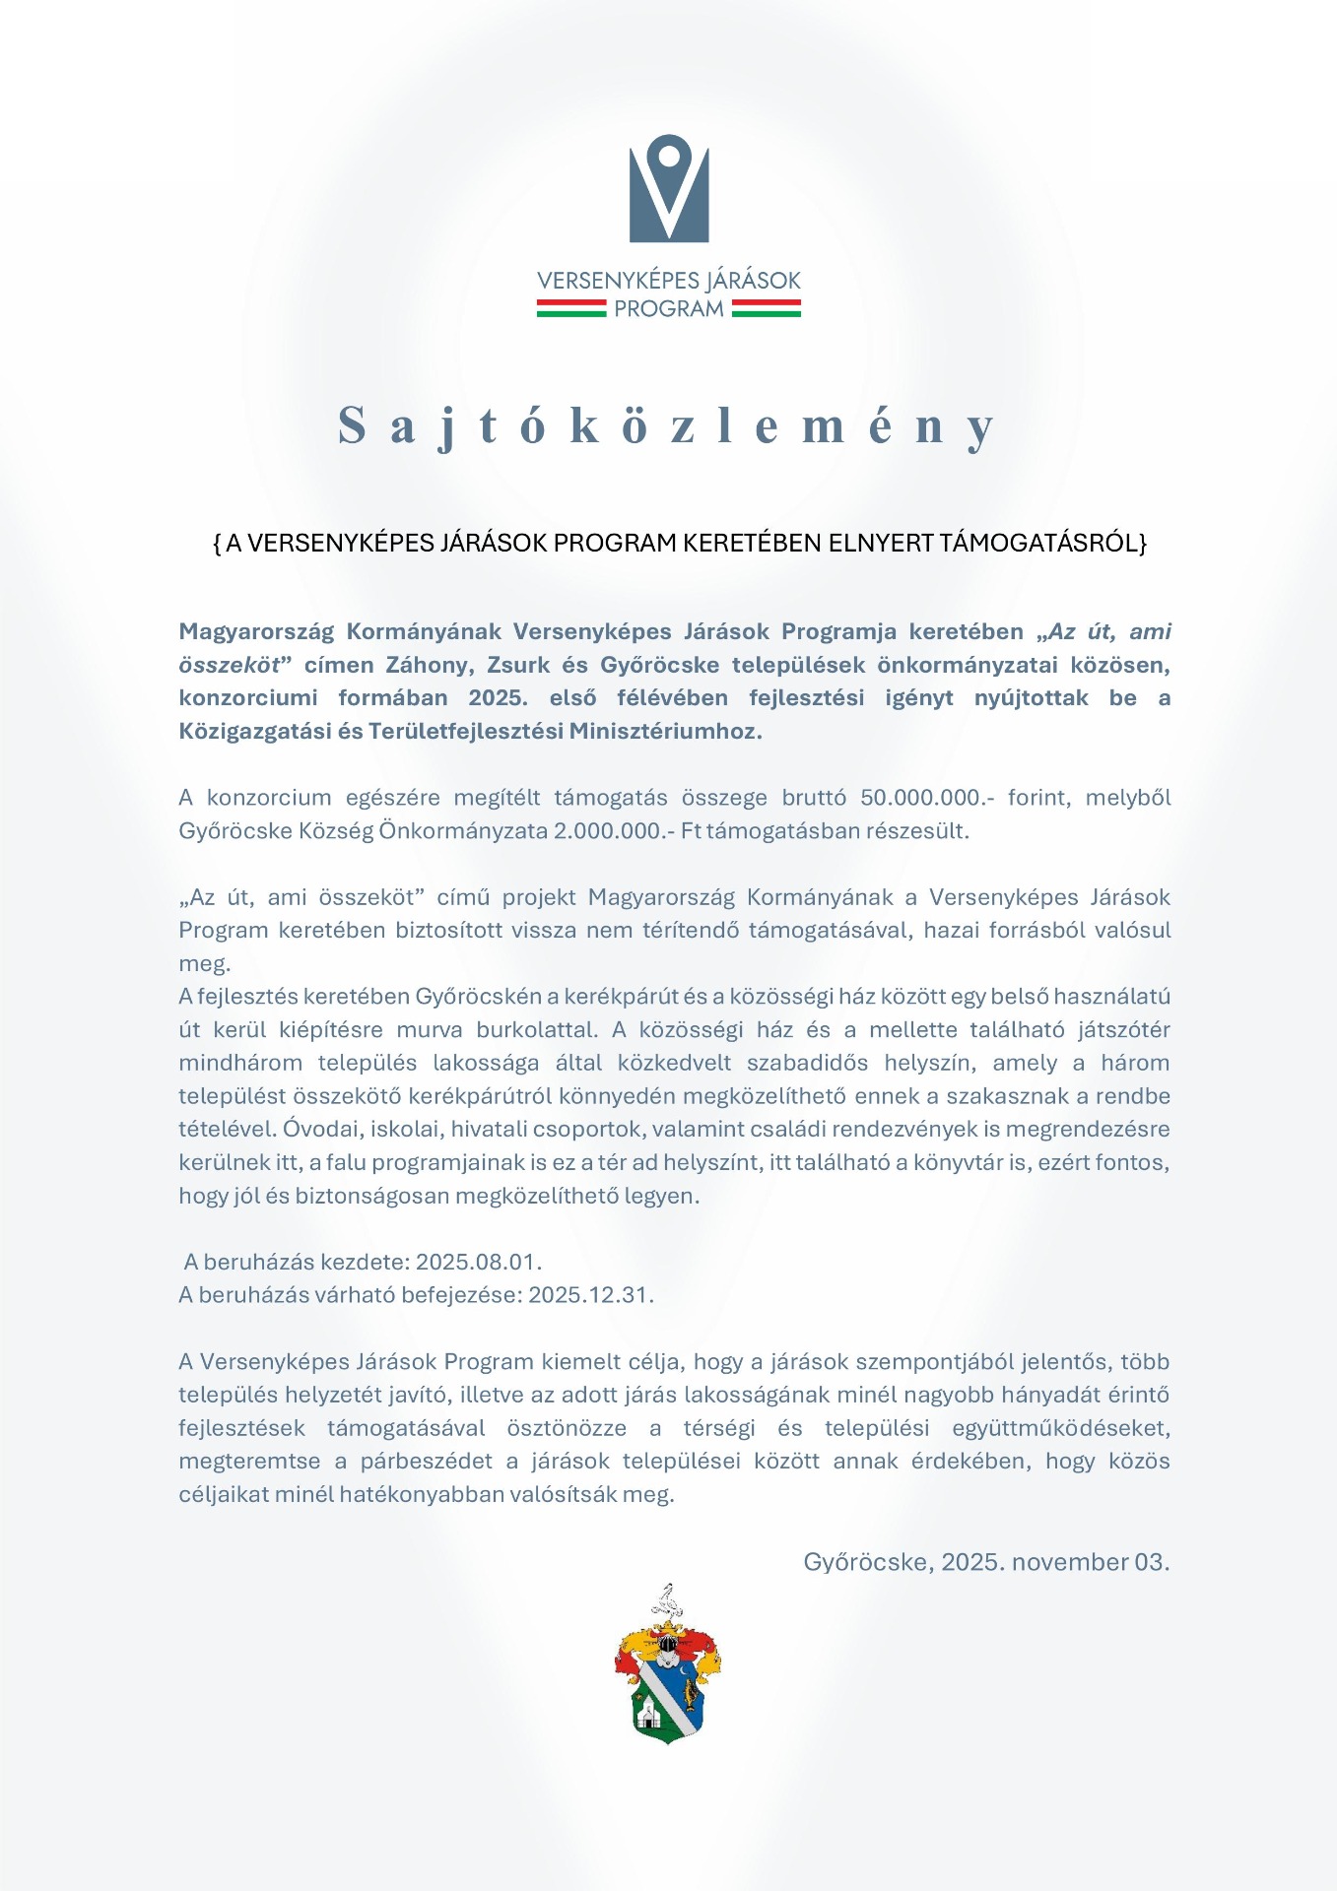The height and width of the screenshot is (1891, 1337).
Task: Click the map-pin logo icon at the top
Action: pos(669,187)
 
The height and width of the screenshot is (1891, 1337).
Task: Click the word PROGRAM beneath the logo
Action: pos(669,309)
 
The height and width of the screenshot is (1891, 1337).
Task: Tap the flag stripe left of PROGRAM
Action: pos(571,309)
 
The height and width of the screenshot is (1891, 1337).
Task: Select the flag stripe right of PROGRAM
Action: pos(767,309)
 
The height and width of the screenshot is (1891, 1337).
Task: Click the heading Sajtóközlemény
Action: pos(667,425)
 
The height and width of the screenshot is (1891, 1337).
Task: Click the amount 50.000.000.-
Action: pos(927,797)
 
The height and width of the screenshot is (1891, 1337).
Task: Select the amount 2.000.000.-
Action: pos(614,830)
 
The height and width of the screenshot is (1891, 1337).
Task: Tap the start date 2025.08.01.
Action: pos(479,1262)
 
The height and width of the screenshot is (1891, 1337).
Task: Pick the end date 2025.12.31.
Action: pos(591,1294)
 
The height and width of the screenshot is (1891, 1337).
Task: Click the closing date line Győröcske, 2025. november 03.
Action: pos(986,1562)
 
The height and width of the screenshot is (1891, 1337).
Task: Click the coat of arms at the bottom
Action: pos(667,1664)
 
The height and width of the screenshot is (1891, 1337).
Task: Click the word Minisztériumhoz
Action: pos(666,731)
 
